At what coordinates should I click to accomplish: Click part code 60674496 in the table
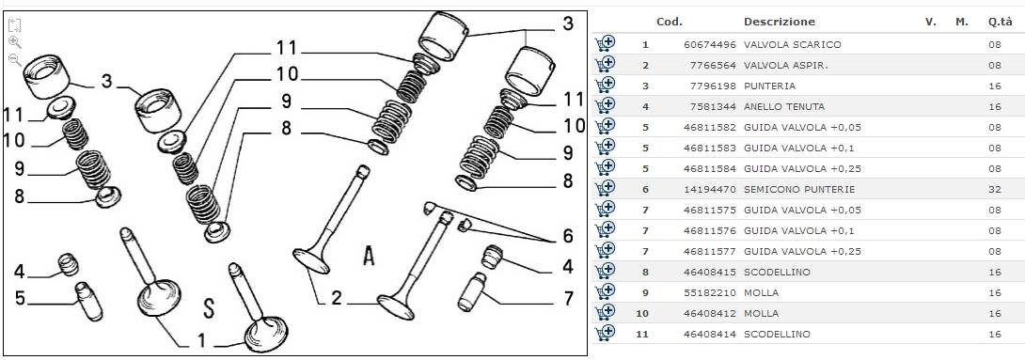[x=710, y=45]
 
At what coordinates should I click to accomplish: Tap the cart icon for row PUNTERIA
[x=605, y=85]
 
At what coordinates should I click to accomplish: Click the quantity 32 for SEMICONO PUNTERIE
[x=994, y=190]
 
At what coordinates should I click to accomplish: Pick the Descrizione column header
[x=780, y=22]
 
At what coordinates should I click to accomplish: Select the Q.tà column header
[x=1001, y=22]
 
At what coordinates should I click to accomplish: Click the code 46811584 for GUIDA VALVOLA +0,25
[x=710, y=168]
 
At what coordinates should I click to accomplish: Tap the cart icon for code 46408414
[x=605, y=334]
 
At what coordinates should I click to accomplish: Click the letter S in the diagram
[x=208, y=307]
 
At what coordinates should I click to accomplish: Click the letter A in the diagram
[x=370, y=257]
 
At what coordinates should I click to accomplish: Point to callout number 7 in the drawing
[x=568, y=299]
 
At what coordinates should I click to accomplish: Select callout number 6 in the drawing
[x=567, y=236]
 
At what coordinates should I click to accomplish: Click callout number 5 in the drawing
[x=20, y=299]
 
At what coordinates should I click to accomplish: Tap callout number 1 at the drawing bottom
[x=201, y=340]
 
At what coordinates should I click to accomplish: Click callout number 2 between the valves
[x=336, y=299]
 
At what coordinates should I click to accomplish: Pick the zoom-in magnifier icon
[x=14, y=42]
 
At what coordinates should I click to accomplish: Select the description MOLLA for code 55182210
[x=761, y=292]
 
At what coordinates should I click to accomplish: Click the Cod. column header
[x=670, y=22]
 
